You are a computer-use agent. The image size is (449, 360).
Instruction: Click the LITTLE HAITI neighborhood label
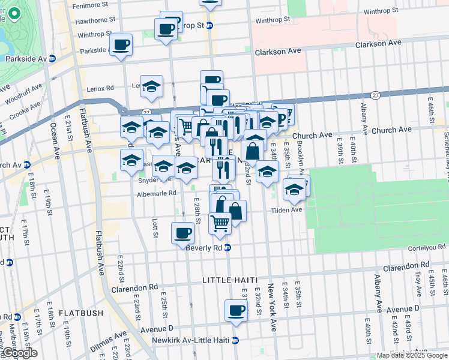(x=230, y=280)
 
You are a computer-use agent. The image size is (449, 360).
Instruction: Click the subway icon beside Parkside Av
(x=52, y=59)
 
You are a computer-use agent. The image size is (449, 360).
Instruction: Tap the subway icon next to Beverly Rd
(x=228, y=247)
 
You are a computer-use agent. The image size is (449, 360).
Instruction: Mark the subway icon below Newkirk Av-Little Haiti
(x=235, y=340)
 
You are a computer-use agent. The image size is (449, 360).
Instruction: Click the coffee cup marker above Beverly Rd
(x=182, y=233)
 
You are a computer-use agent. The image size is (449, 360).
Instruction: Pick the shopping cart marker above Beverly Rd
(x=220, y=223)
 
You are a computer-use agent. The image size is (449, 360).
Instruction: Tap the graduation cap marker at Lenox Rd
(x=151, y=86)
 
